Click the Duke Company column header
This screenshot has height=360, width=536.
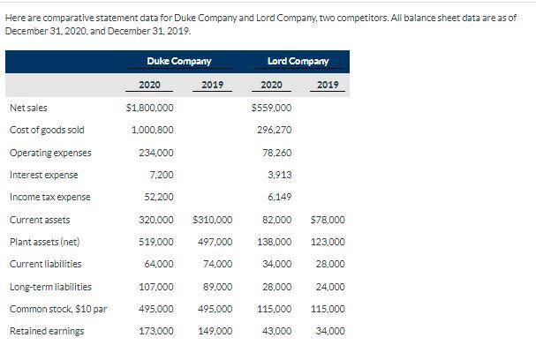(178, 61)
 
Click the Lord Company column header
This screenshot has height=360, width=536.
(298, 61)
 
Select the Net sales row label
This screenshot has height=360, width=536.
(23, 109)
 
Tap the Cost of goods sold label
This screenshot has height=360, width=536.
(47, 131)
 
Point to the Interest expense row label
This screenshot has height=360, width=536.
(43, 175)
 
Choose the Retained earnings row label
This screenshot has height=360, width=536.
(47, 331)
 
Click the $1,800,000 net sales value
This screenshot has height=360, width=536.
(150, 109)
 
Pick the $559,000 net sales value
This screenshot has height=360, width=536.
(272, 109)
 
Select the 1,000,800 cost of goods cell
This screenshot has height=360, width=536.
(152, 131)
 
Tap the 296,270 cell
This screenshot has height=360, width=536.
(274, 131)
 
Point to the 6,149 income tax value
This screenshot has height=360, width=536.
(279, 197)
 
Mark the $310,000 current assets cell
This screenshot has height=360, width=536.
(212, 220)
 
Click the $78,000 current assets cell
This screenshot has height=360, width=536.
(328, 220)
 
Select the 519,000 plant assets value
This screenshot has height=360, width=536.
(155, 242)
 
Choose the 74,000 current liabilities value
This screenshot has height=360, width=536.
(217, 264)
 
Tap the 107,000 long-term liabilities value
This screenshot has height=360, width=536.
(155, 287)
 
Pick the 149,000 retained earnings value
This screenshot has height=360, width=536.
(215, 331)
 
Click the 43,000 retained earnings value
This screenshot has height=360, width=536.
(276, 331)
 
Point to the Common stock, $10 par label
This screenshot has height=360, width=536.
(58, 309)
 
